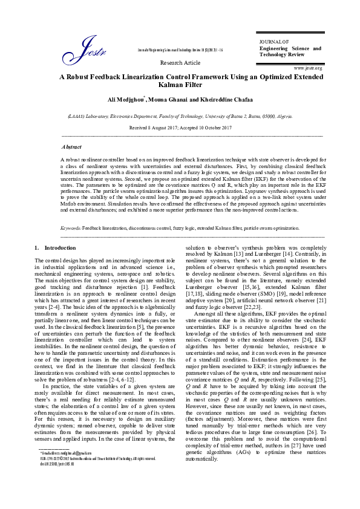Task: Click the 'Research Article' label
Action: coord(180,62)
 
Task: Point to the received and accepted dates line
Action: coord(180,128)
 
